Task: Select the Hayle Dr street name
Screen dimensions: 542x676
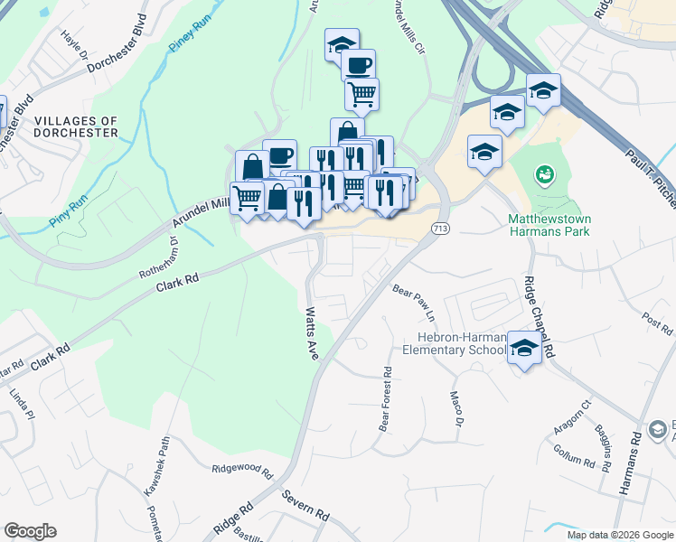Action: pos(75,50)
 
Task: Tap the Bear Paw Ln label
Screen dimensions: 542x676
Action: pos(414,304)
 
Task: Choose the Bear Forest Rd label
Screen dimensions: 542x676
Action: pos(386,397)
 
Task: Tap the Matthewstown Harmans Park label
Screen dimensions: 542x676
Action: pos(549,225)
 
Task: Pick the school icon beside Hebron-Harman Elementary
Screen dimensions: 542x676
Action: pos(524,347)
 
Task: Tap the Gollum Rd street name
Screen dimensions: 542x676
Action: pos(577,457)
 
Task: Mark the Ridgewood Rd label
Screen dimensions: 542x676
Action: pos(242,470)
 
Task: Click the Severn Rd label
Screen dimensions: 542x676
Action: pos(305,504)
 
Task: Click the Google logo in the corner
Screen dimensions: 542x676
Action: pos(30,531)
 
